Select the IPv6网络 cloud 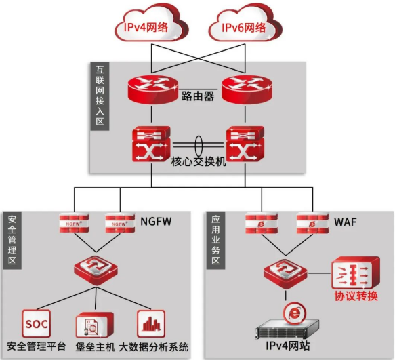[x=245, y=24]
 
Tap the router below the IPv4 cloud [x=153, y=89]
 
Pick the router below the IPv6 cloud [x=247, y=89]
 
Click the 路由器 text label [x=198, y=96]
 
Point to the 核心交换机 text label [x=199, y=161]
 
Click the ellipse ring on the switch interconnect [x=199, y=146]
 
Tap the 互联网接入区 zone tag [x=100, y=96]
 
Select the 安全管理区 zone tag [x=12, y=240]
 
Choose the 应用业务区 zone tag [x=215, y=240]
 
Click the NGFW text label [x=156, y=222]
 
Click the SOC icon [x=37, y=323]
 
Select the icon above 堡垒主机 [x=94, y=325]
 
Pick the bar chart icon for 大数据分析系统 [x=151, y=323]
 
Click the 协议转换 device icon [x=356, y=273]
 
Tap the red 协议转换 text [x=356, y=296]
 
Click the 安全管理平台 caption [x=37, y=346]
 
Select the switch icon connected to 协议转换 [x=285, y=273]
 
